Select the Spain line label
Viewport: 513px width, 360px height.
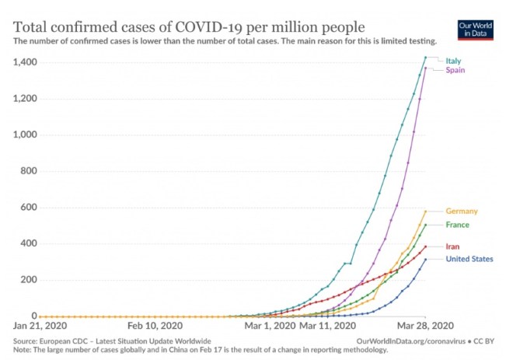tap(455, 71)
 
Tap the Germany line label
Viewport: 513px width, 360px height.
tap(461, 211)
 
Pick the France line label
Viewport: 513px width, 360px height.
tap(457, 225)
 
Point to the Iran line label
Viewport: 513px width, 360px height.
tap(452, 246)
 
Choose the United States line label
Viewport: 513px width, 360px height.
tap(469, 259)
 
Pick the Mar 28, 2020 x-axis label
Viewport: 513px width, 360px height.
tap(424, 327)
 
